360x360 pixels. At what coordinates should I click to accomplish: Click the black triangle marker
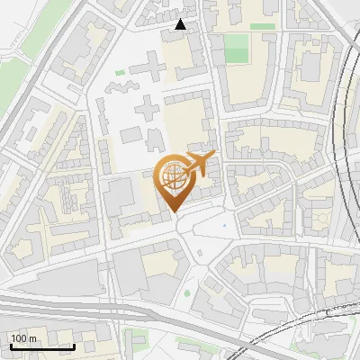coord(181,24)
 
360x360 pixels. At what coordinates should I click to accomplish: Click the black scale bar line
coord(41,346)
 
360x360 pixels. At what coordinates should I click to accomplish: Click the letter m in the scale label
coord(32,338)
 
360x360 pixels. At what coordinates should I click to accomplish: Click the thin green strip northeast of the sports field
coord(263,27)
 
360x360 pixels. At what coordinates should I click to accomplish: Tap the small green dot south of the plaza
coord(187,292)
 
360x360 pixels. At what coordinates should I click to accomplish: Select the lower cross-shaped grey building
coord(144,112)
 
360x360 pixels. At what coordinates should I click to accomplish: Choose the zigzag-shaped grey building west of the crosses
coord(120,88)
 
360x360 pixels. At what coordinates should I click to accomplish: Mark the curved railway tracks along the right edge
coord(342,135)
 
